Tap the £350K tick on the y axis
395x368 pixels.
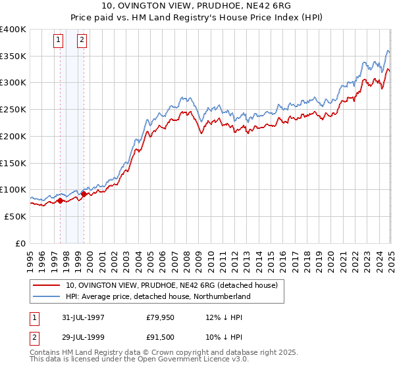click(13, 56)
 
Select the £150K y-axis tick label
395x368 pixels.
click(13, 162)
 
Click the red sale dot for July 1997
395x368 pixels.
click(61, 200)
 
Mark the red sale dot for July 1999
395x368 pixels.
click(84, 195)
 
